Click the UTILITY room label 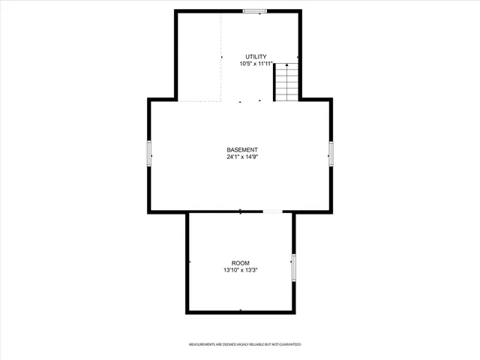pyautogui.click(x=255, y=57)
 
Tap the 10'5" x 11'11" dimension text pyautogui.click(x=255, y=64)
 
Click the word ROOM pyautogui.click(x=240, y=262)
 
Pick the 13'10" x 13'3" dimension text pyautogui.click(x=240, y=270)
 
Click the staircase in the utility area pyautogui.click(x=286, y=82)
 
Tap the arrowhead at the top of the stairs pyautogui.click(x=286, y=66)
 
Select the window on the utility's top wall pyautogui.click(x=254, y=10)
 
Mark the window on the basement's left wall pyautogui.click(x=149, y=154)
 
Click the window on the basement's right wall pyautogui.click(x=331, y=154)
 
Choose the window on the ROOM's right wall pyautogui.click(x=294, y=268)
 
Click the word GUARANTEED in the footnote pyautogui.click(x=289, y=344)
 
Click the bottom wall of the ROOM pyautogui.click(x=240, y=311)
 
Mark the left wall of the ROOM pyautogui.click(x=187, y=262)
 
